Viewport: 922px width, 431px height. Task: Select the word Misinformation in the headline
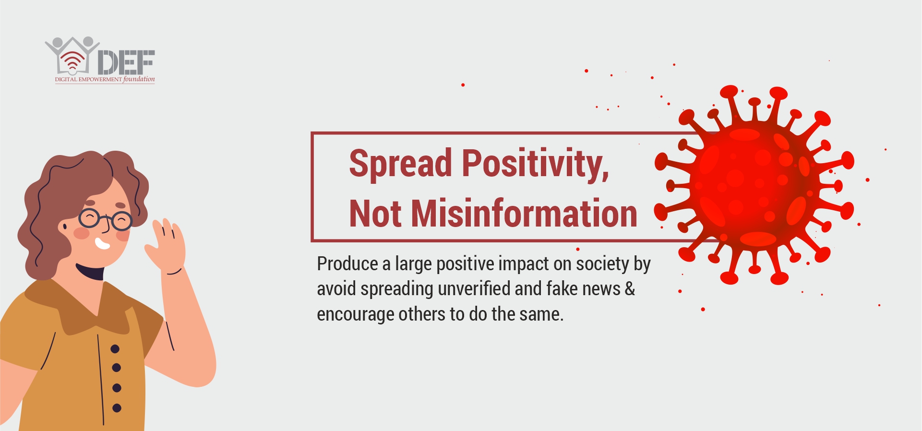coord(524,213)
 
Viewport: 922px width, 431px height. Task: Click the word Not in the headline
coord(375,213)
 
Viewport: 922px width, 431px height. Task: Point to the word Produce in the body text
coord(347,264)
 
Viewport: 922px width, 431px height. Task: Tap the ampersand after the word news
coord(630,289)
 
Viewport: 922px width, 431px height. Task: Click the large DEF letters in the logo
coord(126,62)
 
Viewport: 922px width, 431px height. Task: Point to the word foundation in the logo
coord(139,79)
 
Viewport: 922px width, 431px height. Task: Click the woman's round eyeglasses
coord(105,219)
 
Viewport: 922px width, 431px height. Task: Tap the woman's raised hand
coord(166,245)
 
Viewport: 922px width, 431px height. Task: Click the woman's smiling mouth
coord(102,244)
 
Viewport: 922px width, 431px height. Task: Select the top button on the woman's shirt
coord(115,349)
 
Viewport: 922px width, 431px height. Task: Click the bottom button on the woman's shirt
coord(117,408)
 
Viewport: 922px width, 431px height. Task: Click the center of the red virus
coord(753,185)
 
